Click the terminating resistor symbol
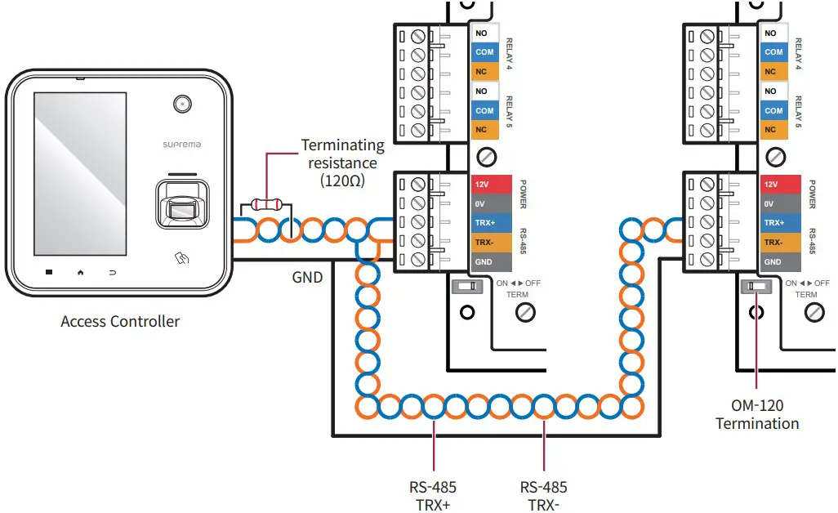(264, 204)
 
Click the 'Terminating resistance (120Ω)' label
(342, 163)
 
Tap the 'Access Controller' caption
(120, 321)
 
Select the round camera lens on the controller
(181, 104)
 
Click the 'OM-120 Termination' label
(757, 414)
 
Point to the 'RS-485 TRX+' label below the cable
(433, 496)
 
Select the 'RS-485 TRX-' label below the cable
(544, 496)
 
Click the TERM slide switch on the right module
(756, 287)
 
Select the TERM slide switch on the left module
(466, 287)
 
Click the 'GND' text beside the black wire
(307, 278)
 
